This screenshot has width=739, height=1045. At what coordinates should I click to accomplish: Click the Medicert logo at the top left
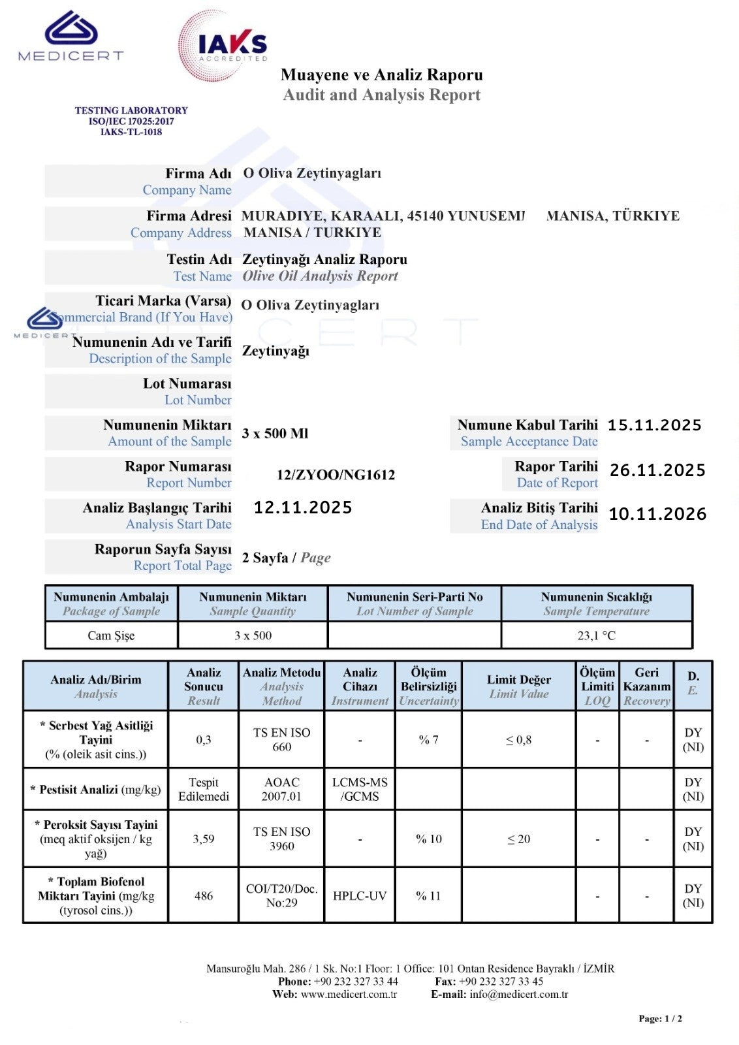pyautogui.click(x=71, y=37)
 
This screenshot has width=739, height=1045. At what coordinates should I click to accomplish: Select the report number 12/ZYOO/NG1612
pyautogui.click(x=336, y=475)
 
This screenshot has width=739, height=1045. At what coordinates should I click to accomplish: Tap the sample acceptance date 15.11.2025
pyautogui.click(x=654, y=425)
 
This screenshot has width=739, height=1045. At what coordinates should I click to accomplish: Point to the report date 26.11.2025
pyautogui.click(x=657, y=470)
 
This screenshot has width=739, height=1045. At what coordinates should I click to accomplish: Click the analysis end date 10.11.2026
pyautogui.click(x=657, y=514)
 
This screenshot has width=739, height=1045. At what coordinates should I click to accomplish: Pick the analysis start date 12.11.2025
pyautogui.click(x=303, y=507)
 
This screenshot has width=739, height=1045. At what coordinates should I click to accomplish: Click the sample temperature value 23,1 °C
pyautogui.click(x=596, y=635)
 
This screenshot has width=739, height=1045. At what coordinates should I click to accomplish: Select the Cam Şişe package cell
pyautogui.click(x=111, y=635)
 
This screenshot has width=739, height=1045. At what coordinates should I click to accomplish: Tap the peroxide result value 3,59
pyautogui.click(x=204, y=839)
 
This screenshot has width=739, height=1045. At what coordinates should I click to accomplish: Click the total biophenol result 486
pyautogui.click(x=204, y=896)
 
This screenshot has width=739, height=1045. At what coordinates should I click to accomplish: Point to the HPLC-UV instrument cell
pyautogui.click(x=360, y=896)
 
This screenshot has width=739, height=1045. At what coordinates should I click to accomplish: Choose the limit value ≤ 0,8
pyautogui.click(x=518, y=740)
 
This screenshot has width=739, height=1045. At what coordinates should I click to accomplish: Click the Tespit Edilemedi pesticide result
pyautogui.click(x=204, y=790)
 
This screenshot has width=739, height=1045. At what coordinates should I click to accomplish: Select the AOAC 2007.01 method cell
pyautogui.click(x=281, y=790)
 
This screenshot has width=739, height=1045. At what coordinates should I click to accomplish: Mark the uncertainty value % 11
pyautogui.click(x=428, y=896)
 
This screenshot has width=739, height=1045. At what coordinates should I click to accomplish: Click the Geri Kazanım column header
pyautogui.click(x=646, y=686)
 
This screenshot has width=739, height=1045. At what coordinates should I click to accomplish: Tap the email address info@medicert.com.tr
pyautogui.click(x=518, y=995)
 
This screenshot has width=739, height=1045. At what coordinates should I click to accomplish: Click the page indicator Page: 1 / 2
pyautogui.click(x=660, y=1019)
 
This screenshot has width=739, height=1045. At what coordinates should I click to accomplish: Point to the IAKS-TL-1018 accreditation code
pyautogui.click(x=131, y=132)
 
